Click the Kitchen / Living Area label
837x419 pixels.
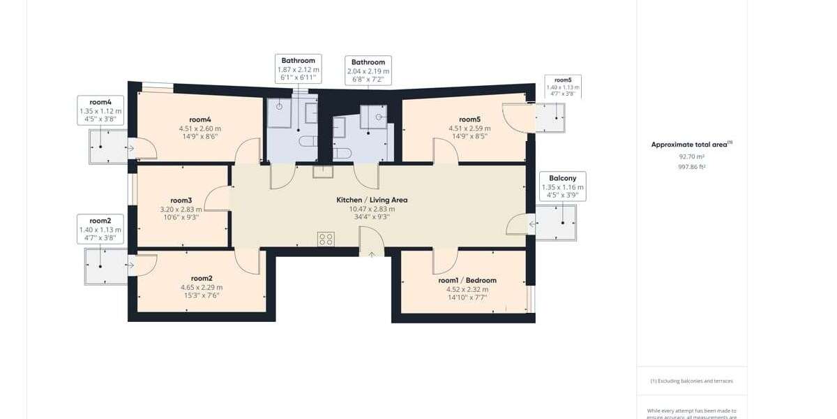point(372,200)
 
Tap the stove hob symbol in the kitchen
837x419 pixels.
point(326,240)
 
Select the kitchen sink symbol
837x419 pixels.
point(322,172)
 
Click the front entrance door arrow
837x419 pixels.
point(371,254)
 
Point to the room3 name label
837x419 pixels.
point(181,200)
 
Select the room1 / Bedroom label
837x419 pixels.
point(467,281)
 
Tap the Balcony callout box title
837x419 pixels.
point(562,178)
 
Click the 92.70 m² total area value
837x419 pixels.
point(691,157)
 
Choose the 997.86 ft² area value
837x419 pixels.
point(691,167)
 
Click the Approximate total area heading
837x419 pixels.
point(691,145)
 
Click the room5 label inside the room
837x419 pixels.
point(469,119)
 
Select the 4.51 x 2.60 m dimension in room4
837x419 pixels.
point(199,128)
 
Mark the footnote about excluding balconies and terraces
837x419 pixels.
point(691,381)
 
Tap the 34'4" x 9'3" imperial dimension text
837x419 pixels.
point(371,217)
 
